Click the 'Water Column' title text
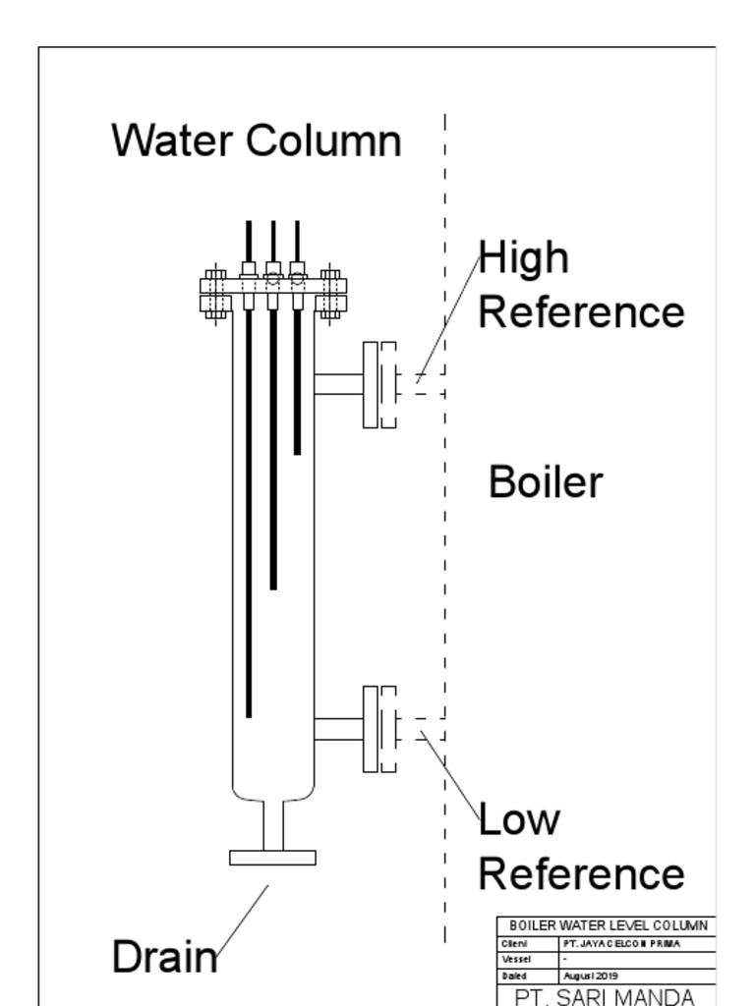coord(256,140)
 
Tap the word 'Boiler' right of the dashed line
coord(545,482)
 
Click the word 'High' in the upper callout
coord(524,257)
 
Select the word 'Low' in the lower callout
coord(519,819)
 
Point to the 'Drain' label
coord(163,957)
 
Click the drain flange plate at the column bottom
coord(272,858)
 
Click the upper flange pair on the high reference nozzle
coord(379,384)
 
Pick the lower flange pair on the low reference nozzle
coord(379,728)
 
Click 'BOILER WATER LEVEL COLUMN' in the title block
coord(608,925)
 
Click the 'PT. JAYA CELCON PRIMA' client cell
coord(620,943)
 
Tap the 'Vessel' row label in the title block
coord(517,960)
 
